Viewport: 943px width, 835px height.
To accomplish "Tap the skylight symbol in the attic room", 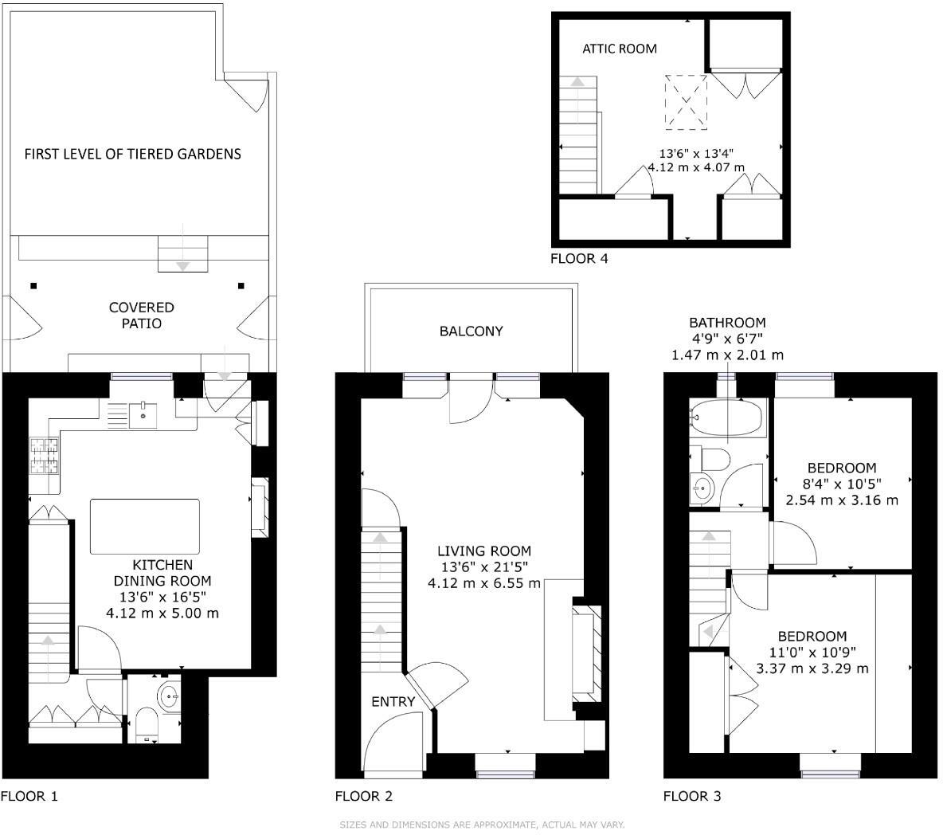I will [686, 101].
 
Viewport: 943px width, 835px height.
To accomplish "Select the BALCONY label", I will [471, 331].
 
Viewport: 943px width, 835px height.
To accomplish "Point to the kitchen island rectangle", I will [144, 526].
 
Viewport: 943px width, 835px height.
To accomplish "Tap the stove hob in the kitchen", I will [45, 457].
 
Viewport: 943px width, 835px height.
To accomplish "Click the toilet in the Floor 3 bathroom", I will [711, 459].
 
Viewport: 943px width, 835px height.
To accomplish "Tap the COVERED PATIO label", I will [141, 316].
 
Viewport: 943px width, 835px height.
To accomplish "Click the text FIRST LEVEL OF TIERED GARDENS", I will [132, 154].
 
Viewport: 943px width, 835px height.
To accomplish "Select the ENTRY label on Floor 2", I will [393, 702].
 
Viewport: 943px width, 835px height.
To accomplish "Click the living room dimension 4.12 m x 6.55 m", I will [483, 583].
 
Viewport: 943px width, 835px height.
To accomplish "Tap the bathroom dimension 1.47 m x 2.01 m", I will [726, 355].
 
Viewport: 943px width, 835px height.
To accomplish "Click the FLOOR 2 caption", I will [363, 796].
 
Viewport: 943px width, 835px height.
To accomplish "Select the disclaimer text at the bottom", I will [482, 825].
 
